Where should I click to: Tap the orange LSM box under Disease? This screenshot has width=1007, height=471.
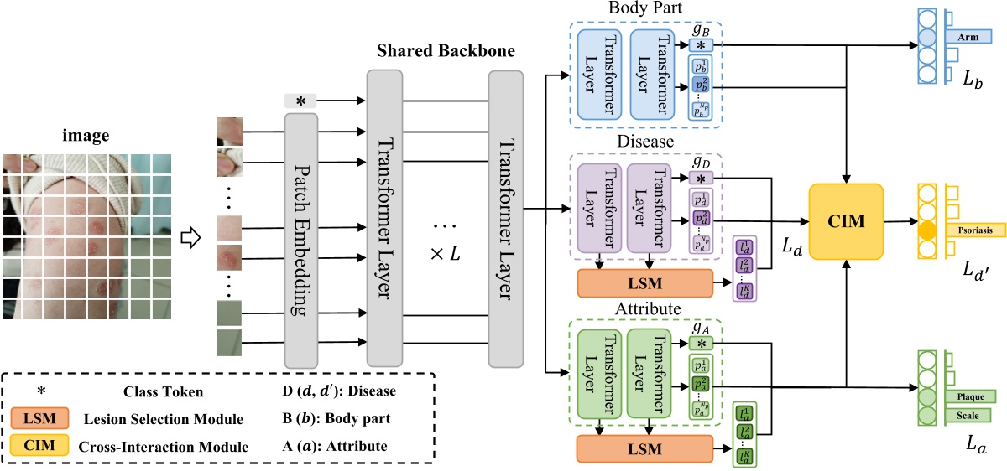click(644, 284)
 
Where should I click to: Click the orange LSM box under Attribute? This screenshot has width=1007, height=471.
click(644, 449)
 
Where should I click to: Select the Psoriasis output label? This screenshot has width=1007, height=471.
click(974, 227)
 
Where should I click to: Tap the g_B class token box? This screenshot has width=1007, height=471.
click(701, 44)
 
